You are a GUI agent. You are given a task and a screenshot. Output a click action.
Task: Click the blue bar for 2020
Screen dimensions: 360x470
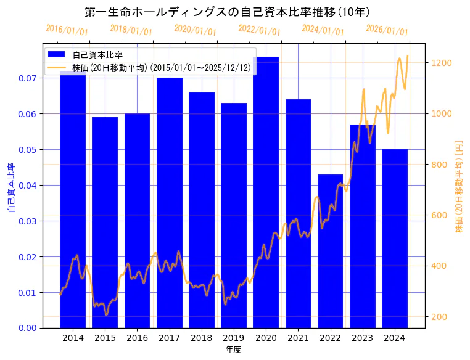(x=266, y=192)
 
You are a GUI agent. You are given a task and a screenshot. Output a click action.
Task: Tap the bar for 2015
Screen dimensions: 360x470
(x=105, y=222)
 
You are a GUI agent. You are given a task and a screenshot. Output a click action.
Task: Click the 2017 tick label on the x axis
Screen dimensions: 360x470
(x=169, y=338)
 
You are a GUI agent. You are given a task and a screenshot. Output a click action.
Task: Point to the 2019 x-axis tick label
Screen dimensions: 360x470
(x=234, y=338)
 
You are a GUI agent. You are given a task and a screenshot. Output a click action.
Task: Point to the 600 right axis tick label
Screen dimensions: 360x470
(x=441, y=215)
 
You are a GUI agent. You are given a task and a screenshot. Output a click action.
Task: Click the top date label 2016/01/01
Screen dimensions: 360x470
(x=67, y=30)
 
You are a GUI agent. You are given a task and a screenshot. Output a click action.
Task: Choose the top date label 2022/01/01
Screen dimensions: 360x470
(x=259, y=30)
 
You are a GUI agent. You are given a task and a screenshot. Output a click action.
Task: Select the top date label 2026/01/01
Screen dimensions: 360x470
(x=387, y=30)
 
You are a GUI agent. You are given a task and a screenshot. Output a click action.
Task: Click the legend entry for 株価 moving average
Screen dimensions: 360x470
(x=161, y=68)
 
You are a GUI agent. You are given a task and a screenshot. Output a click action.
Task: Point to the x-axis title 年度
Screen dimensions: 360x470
(x=233, y=350)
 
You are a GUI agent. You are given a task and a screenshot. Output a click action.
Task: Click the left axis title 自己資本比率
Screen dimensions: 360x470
(x=11, y=187)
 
